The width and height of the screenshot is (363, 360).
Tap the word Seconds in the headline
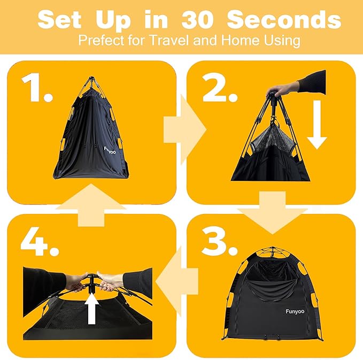(284, 20)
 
